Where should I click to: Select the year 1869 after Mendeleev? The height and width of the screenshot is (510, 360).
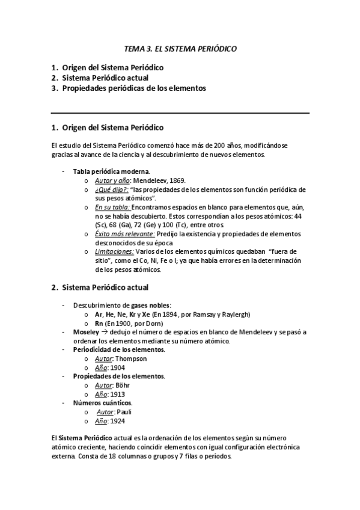pyautogui.click(x=177, y=180)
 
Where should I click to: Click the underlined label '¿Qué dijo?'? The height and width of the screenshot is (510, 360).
pyautogui.click(x=108, y=189)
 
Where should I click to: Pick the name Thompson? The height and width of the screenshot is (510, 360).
pyautogui.click(x=130, y=358)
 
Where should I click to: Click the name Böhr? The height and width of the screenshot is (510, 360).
pyautogui.click(x=123, y=385)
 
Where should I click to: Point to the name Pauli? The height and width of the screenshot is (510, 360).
pyautogui.click(x=124, y=412)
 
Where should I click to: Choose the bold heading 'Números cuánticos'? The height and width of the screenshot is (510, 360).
pyautogui.click(x=103, y=403)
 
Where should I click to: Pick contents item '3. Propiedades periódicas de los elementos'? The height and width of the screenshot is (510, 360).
pyautogui.click(x=129, y=88)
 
